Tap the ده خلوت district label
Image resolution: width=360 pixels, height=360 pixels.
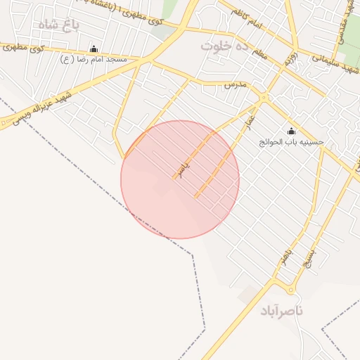coord(225,46)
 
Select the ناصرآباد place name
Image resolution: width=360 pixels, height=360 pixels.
coord(281,310)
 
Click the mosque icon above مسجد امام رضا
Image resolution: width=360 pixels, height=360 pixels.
coord(94,49)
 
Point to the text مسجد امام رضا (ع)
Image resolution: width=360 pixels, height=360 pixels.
coord(94,59)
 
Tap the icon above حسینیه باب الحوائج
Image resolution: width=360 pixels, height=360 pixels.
coord(292,131)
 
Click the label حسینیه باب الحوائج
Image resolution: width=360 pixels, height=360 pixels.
coord(292,141)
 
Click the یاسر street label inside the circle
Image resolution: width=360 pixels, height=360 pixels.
coord(184,168)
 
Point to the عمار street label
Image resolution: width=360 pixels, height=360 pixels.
coord(247,122)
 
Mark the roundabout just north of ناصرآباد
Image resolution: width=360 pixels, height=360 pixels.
coord(290,289)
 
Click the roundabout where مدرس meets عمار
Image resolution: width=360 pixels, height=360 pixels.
coord(263,97)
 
